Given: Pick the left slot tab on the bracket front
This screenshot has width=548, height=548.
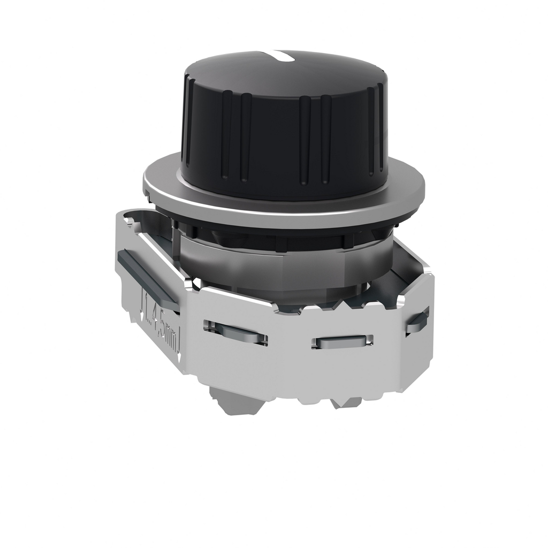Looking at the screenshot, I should (235, 333).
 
